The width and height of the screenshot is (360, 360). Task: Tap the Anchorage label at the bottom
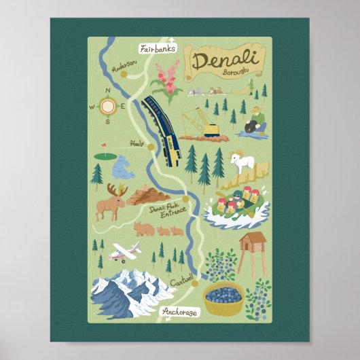180,312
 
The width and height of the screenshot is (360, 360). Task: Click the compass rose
107,106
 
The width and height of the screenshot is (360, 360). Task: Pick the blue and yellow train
162,129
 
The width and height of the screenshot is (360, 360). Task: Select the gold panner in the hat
255,121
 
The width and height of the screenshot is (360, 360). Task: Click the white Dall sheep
242,160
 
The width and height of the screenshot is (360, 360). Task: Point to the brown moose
110,202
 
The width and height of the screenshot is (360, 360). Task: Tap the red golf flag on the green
103,145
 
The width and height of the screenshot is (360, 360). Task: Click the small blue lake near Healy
124,167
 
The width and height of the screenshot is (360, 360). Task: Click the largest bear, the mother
143,228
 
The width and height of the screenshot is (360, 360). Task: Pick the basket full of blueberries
223,298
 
